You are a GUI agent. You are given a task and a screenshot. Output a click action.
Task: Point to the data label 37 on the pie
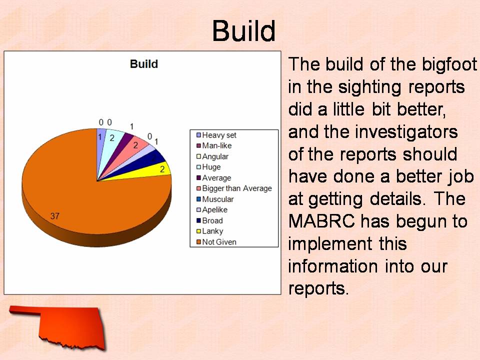coord(55,216)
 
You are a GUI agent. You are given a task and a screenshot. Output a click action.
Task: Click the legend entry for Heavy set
coord(216,135)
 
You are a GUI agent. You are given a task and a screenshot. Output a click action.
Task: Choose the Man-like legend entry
coord(214,145)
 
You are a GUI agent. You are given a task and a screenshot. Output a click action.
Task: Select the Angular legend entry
coord(212,156)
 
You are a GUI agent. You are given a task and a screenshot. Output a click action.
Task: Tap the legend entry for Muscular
coord(215,199)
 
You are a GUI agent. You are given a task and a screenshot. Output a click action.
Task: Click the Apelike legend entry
coord(212,209)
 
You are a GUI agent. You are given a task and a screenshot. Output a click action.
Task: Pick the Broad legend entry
coord(209,220)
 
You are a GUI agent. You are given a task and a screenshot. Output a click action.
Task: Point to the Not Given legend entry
coord(216,242)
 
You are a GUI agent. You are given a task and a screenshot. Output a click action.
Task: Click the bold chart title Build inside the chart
coord(144,64)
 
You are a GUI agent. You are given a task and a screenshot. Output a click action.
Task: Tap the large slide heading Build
coord(244,30)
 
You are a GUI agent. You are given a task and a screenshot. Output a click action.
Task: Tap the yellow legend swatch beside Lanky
coord(198,231)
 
